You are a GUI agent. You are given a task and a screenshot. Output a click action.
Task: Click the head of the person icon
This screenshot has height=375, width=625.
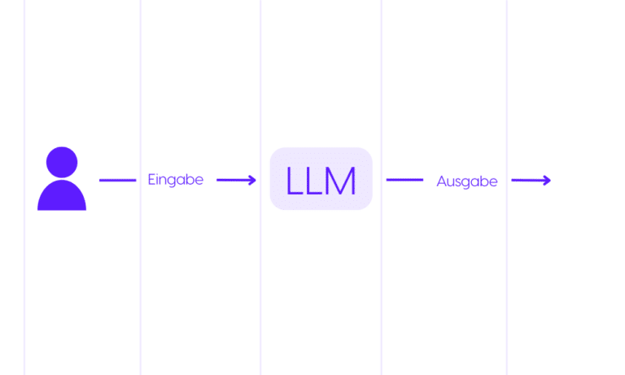pos(62,162)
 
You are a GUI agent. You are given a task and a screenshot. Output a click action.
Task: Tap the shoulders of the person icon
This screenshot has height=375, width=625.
pos(62,195)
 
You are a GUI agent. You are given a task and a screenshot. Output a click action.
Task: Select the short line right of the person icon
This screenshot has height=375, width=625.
pos(117,180)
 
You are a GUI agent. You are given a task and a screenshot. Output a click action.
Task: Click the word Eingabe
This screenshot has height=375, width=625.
pos(176,180)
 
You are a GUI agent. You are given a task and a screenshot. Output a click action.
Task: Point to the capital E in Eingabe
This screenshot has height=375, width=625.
pos(151,179)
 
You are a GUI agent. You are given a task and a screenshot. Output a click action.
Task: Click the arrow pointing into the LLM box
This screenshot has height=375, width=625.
pos(236,180)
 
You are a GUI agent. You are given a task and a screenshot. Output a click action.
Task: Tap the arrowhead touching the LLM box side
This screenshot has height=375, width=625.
pos(252,180)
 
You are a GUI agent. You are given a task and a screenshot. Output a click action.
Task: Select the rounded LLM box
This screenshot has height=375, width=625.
pos(321,178)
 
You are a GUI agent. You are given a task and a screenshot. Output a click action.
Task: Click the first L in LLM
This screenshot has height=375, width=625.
pos(294,181)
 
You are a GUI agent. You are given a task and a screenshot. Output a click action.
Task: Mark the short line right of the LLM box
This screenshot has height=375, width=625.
pos(404,180)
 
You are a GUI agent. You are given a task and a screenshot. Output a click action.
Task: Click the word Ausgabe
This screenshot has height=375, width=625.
pos(467,181)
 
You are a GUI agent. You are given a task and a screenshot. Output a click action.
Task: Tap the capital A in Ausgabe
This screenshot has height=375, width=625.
pos(442,181)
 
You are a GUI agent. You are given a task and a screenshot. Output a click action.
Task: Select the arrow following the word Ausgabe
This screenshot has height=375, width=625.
pos(531,181)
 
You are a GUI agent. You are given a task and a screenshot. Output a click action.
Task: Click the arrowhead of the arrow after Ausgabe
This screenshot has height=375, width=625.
pos(547,181)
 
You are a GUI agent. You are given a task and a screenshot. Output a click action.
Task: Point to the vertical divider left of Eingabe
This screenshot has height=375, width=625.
pos(140,187)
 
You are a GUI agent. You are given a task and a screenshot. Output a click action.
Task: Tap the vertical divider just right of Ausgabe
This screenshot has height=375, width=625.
pos(507,187)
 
